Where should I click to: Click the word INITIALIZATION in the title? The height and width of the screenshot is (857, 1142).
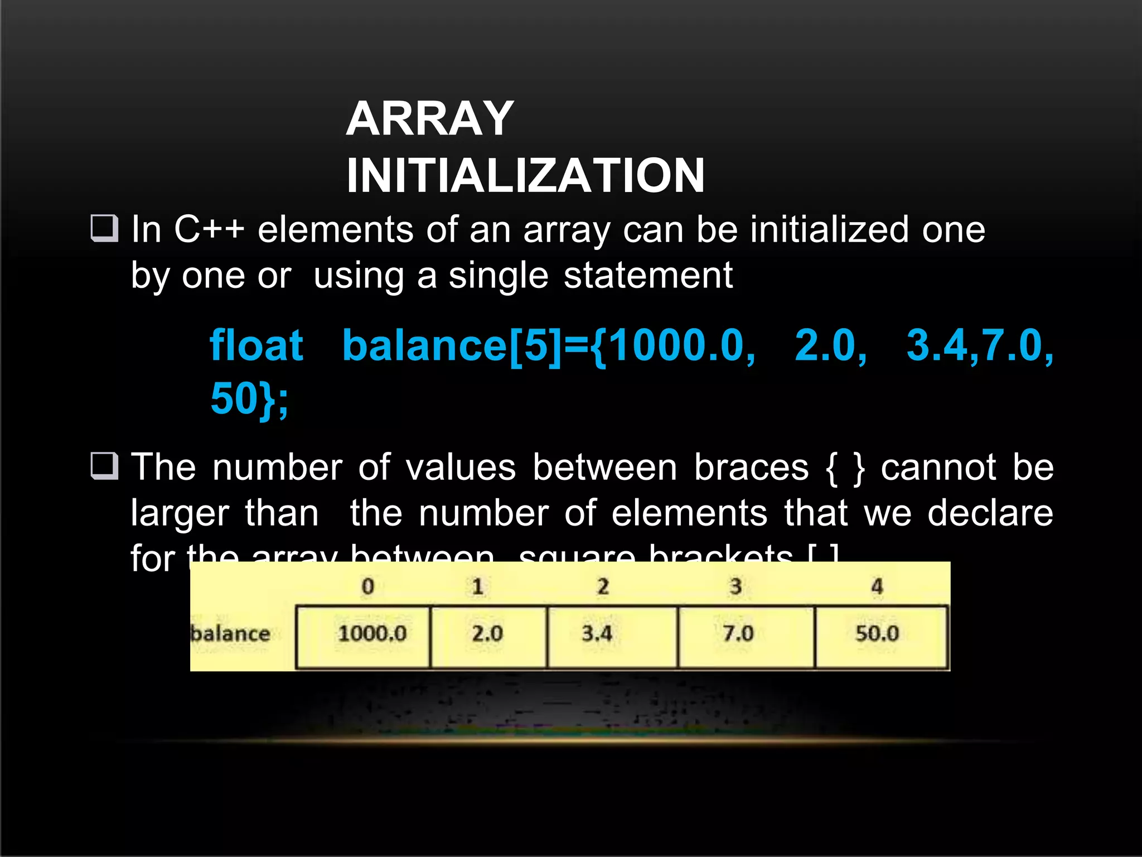tap(525, 175)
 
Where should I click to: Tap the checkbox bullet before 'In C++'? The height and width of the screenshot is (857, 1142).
tap(104, 228)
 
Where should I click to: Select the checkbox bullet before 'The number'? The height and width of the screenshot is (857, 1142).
tap(104, 466)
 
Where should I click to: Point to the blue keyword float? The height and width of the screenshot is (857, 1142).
tap(257, 345)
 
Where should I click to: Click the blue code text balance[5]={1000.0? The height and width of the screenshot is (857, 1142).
tap(549, 345)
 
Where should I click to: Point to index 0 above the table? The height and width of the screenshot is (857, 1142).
tap(368, 586)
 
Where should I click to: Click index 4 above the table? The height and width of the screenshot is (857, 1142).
tap(877, 586)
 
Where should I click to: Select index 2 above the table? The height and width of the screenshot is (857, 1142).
tap(603, 586)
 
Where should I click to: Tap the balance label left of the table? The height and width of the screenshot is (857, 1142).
tap(230, 634)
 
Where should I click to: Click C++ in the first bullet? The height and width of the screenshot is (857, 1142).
tap(209, 229)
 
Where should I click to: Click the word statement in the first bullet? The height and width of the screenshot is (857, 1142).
tap(648, 275)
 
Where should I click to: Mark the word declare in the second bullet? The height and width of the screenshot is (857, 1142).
tap(990, 513)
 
